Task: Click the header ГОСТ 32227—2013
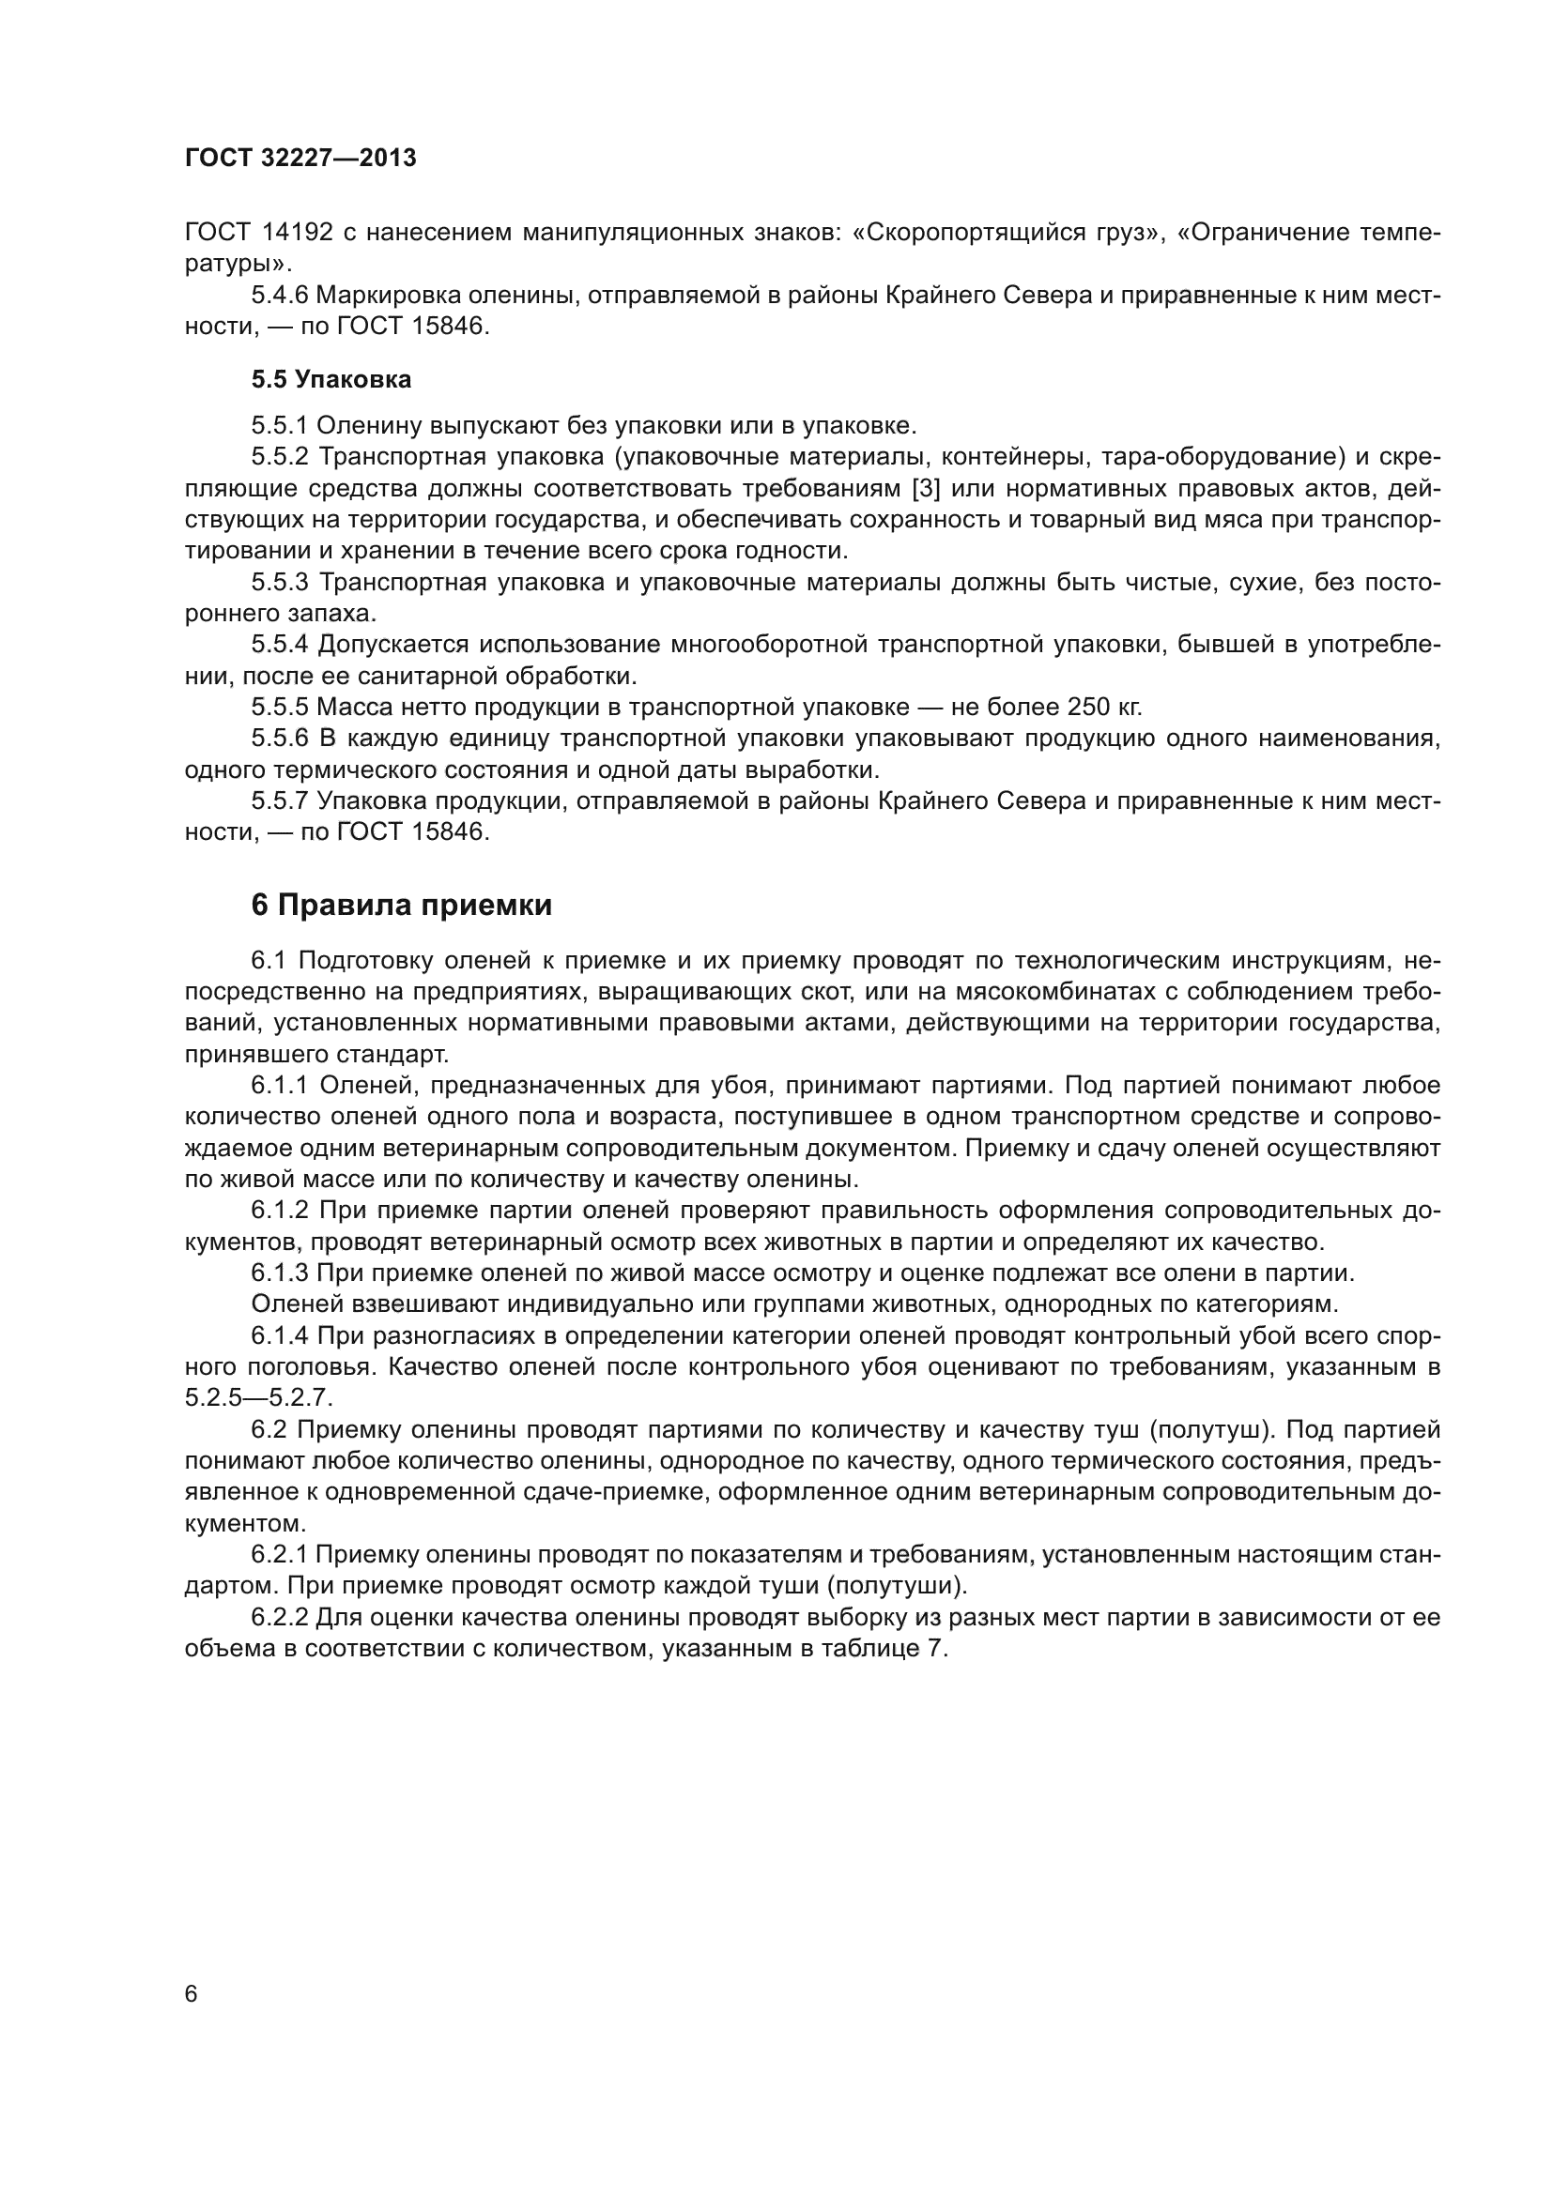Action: click(300, 159)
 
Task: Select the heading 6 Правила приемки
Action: click(402, 905)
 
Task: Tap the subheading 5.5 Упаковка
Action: click(331, 379)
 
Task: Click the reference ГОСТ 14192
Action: click(259, 233)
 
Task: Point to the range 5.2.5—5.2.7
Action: click(258, 1397)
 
